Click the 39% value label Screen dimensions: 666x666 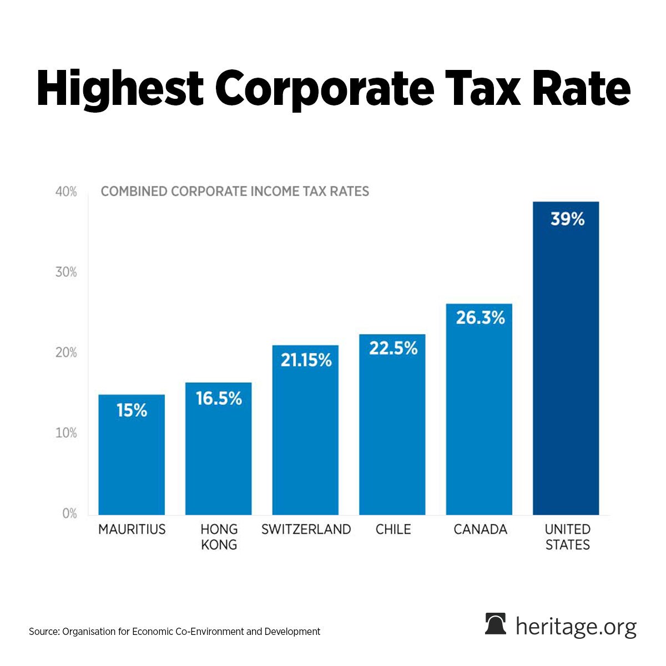[567, 219]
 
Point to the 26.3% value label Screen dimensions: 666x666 [480, 318]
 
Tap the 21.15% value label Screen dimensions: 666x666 [306, 360]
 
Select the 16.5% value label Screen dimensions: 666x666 [219, 398]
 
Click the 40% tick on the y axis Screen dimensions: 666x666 [66, 192]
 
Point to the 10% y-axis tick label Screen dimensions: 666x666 [66, 433]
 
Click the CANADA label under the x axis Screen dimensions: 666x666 [480, 529]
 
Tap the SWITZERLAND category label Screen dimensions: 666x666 [306, 529]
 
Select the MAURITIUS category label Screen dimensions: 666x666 [132, 529]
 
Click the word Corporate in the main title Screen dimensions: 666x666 [326, 89]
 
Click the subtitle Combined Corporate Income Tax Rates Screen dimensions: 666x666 [235, 191]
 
